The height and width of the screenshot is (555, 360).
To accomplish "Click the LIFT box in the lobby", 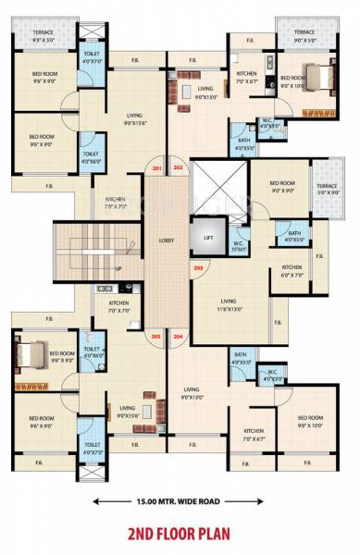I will point(207,239).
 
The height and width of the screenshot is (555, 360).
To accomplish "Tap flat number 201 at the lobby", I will point(156,169).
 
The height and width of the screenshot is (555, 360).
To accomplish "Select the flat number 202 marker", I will point(179,169).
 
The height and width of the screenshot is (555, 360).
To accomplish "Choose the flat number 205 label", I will point(156,336).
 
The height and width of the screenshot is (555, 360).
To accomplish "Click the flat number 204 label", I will point(179,336).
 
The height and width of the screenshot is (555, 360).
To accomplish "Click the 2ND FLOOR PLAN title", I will point(180,534).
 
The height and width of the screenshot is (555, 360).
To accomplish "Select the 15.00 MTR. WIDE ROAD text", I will point(180,502).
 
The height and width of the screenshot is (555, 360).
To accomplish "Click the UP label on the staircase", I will point(118,269).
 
